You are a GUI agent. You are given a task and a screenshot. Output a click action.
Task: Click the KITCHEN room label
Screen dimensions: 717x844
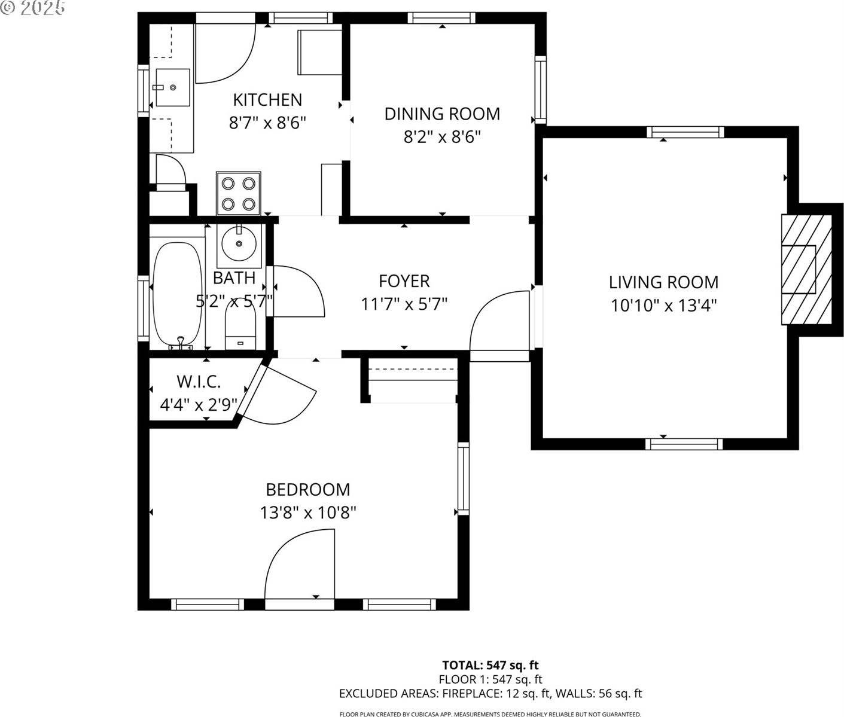267,99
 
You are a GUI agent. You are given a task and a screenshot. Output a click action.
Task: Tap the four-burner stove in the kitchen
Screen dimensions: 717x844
239,193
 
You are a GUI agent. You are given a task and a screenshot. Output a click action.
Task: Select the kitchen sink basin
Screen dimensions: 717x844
172,87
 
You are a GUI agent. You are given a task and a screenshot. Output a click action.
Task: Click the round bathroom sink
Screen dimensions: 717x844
239,244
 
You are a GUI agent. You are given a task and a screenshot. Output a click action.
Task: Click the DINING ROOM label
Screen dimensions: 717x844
442,114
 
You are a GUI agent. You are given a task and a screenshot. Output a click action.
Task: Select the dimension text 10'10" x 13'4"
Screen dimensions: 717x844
663,306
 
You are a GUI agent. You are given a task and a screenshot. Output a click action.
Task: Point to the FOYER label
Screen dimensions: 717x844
404,280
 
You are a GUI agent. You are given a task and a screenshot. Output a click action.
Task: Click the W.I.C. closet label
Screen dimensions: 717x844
199,381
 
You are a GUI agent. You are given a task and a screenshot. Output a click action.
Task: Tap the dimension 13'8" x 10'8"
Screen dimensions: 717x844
308,513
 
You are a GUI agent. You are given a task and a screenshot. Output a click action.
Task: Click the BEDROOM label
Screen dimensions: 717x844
308,490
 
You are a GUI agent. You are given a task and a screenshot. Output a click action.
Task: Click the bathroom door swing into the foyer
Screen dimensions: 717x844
298,291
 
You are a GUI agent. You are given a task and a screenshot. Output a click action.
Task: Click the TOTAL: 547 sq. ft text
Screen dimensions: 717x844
490,665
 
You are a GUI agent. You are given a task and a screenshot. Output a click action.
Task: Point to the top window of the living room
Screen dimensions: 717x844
684,132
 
